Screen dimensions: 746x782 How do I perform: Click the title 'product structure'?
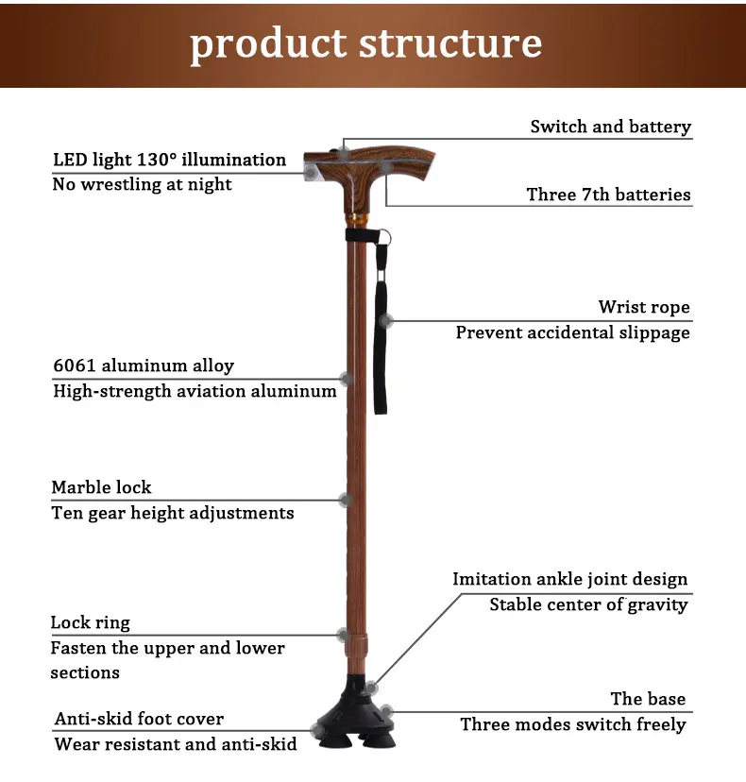[366, 44]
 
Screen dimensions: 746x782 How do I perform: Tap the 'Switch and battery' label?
[610, 127]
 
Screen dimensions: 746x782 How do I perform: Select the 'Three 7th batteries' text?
[608, 195]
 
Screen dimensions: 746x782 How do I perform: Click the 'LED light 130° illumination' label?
[169, 160]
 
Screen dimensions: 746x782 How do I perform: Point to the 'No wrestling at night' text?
[142, 184]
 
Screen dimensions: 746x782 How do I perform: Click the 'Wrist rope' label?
[643, 307]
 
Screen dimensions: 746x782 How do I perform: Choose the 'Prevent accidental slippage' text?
[572, 332]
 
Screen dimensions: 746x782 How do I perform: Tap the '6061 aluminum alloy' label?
[143, 365]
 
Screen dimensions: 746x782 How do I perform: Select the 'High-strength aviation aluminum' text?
[195, 390]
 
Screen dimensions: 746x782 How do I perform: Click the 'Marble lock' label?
[101, 487]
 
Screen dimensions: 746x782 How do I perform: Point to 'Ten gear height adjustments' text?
[173, 513]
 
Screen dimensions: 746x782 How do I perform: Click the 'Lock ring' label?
[90, 622]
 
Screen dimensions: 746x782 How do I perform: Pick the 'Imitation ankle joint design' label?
[569, 579]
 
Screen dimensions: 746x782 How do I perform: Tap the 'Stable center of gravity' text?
[588, 604]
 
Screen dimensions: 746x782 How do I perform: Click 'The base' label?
[648, 699]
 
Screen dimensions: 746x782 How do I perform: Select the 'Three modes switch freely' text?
[573, 724]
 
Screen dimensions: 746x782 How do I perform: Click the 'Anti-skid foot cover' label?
[139, 719]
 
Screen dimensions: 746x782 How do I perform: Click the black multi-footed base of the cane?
[360, 722]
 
